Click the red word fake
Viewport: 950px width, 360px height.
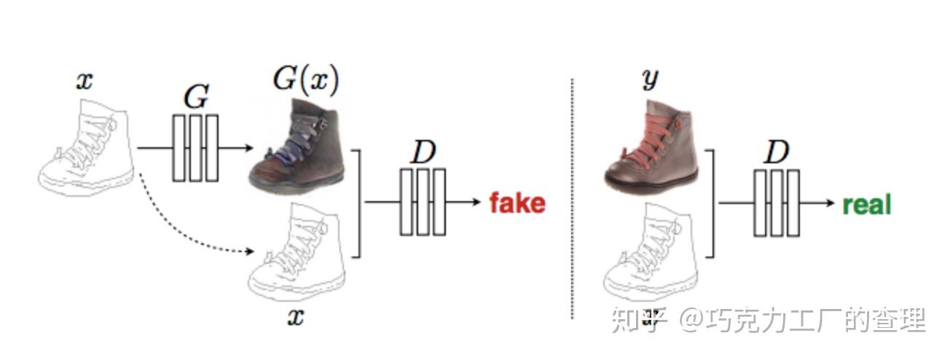[x=517, y=203]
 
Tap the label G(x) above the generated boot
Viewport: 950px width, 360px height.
[x=305, y=81]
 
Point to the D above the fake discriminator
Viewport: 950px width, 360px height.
[x=423, y=152]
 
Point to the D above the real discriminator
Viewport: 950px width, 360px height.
[x=777, y=153]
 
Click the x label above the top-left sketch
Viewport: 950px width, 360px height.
[x=85, y=81]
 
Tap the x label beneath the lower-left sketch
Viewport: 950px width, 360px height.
[x=295, y=317]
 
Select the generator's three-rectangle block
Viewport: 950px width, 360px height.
[x=195, y=148]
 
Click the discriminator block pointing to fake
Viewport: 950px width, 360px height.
[x=423, y=202]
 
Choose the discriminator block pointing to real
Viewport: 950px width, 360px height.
[x=777, y=203]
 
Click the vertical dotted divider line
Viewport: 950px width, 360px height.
[x=572, y=197]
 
